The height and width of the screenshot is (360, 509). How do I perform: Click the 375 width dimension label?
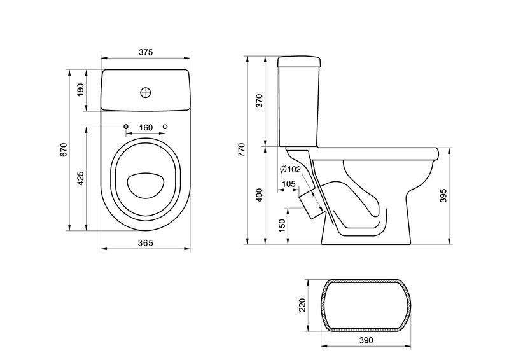tap(146, 52)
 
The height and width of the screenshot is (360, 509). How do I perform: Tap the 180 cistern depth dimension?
tap(80, 90)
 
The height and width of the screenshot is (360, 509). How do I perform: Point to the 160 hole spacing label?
tap(146, 128)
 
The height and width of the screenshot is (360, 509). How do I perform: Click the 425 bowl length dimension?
tap(80, 178)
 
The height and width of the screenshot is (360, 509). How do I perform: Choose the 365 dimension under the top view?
tap(146, 242)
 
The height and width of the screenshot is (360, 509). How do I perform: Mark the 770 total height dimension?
tap(242, 149)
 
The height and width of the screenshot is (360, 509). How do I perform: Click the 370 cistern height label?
tap(260, 101)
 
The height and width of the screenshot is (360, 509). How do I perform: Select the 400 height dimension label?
tap(260, 195)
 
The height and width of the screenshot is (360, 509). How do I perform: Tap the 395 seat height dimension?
tap(443, 196)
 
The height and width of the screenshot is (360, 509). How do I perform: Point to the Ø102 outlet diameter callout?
tap(290, 169)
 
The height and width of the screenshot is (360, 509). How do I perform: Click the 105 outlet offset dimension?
tap(289, 184)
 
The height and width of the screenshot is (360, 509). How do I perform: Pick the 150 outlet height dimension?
tap(282, 225)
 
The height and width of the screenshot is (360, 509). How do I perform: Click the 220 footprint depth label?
tap(302, 305)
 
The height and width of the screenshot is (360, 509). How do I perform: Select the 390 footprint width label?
tap(366, 340)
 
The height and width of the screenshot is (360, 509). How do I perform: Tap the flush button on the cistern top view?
tap(146, 92)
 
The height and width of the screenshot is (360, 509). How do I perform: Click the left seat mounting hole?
tap(126, 126)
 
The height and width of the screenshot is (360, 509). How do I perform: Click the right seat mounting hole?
tap(165, 126)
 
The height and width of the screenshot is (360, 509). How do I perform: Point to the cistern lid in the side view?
tap(299, 62)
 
